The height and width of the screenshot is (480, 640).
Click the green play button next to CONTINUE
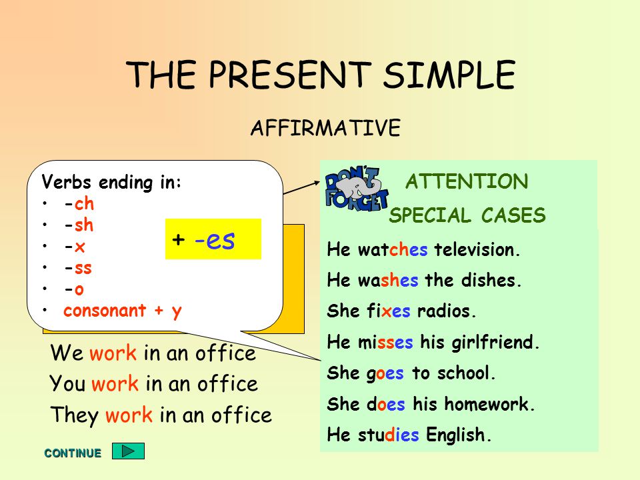pos(128,451)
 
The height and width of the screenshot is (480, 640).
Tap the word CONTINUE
pos(73,453)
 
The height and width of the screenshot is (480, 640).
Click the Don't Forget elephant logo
pos(356,189)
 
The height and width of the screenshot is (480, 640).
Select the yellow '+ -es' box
pos(213,239)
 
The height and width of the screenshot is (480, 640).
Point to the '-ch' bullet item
pos(79,203)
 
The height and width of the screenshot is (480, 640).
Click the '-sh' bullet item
pos(79,225)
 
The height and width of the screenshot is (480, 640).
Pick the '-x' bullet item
pos(75,247)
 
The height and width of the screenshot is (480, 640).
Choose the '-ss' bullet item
pos(78,268)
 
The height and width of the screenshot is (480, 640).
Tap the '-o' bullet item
pos(74,289)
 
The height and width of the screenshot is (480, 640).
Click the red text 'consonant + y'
pos(123,311)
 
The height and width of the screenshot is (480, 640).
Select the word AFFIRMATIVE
pos(326,128)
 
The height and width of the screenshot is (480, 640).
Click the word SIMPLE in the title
pos(449,75)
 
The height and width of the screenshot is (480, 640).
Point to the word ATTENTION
pos(467,181)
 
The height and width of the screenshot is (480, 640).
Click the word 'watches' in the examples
pos(393,249)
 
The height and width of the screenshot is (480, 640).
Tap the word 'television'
pos(477,249)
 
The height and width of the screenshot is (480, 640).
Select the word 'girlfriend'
pos(495,343)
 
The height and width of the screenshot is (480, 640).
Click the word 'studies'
pos(388,434)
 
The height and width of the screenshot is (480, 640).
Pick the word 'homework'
pos(489,404)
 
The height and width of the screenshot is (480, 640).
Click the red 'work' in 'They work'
pos(129,415)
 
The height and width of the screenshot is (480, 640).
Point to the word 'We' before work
pos(67,352)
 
